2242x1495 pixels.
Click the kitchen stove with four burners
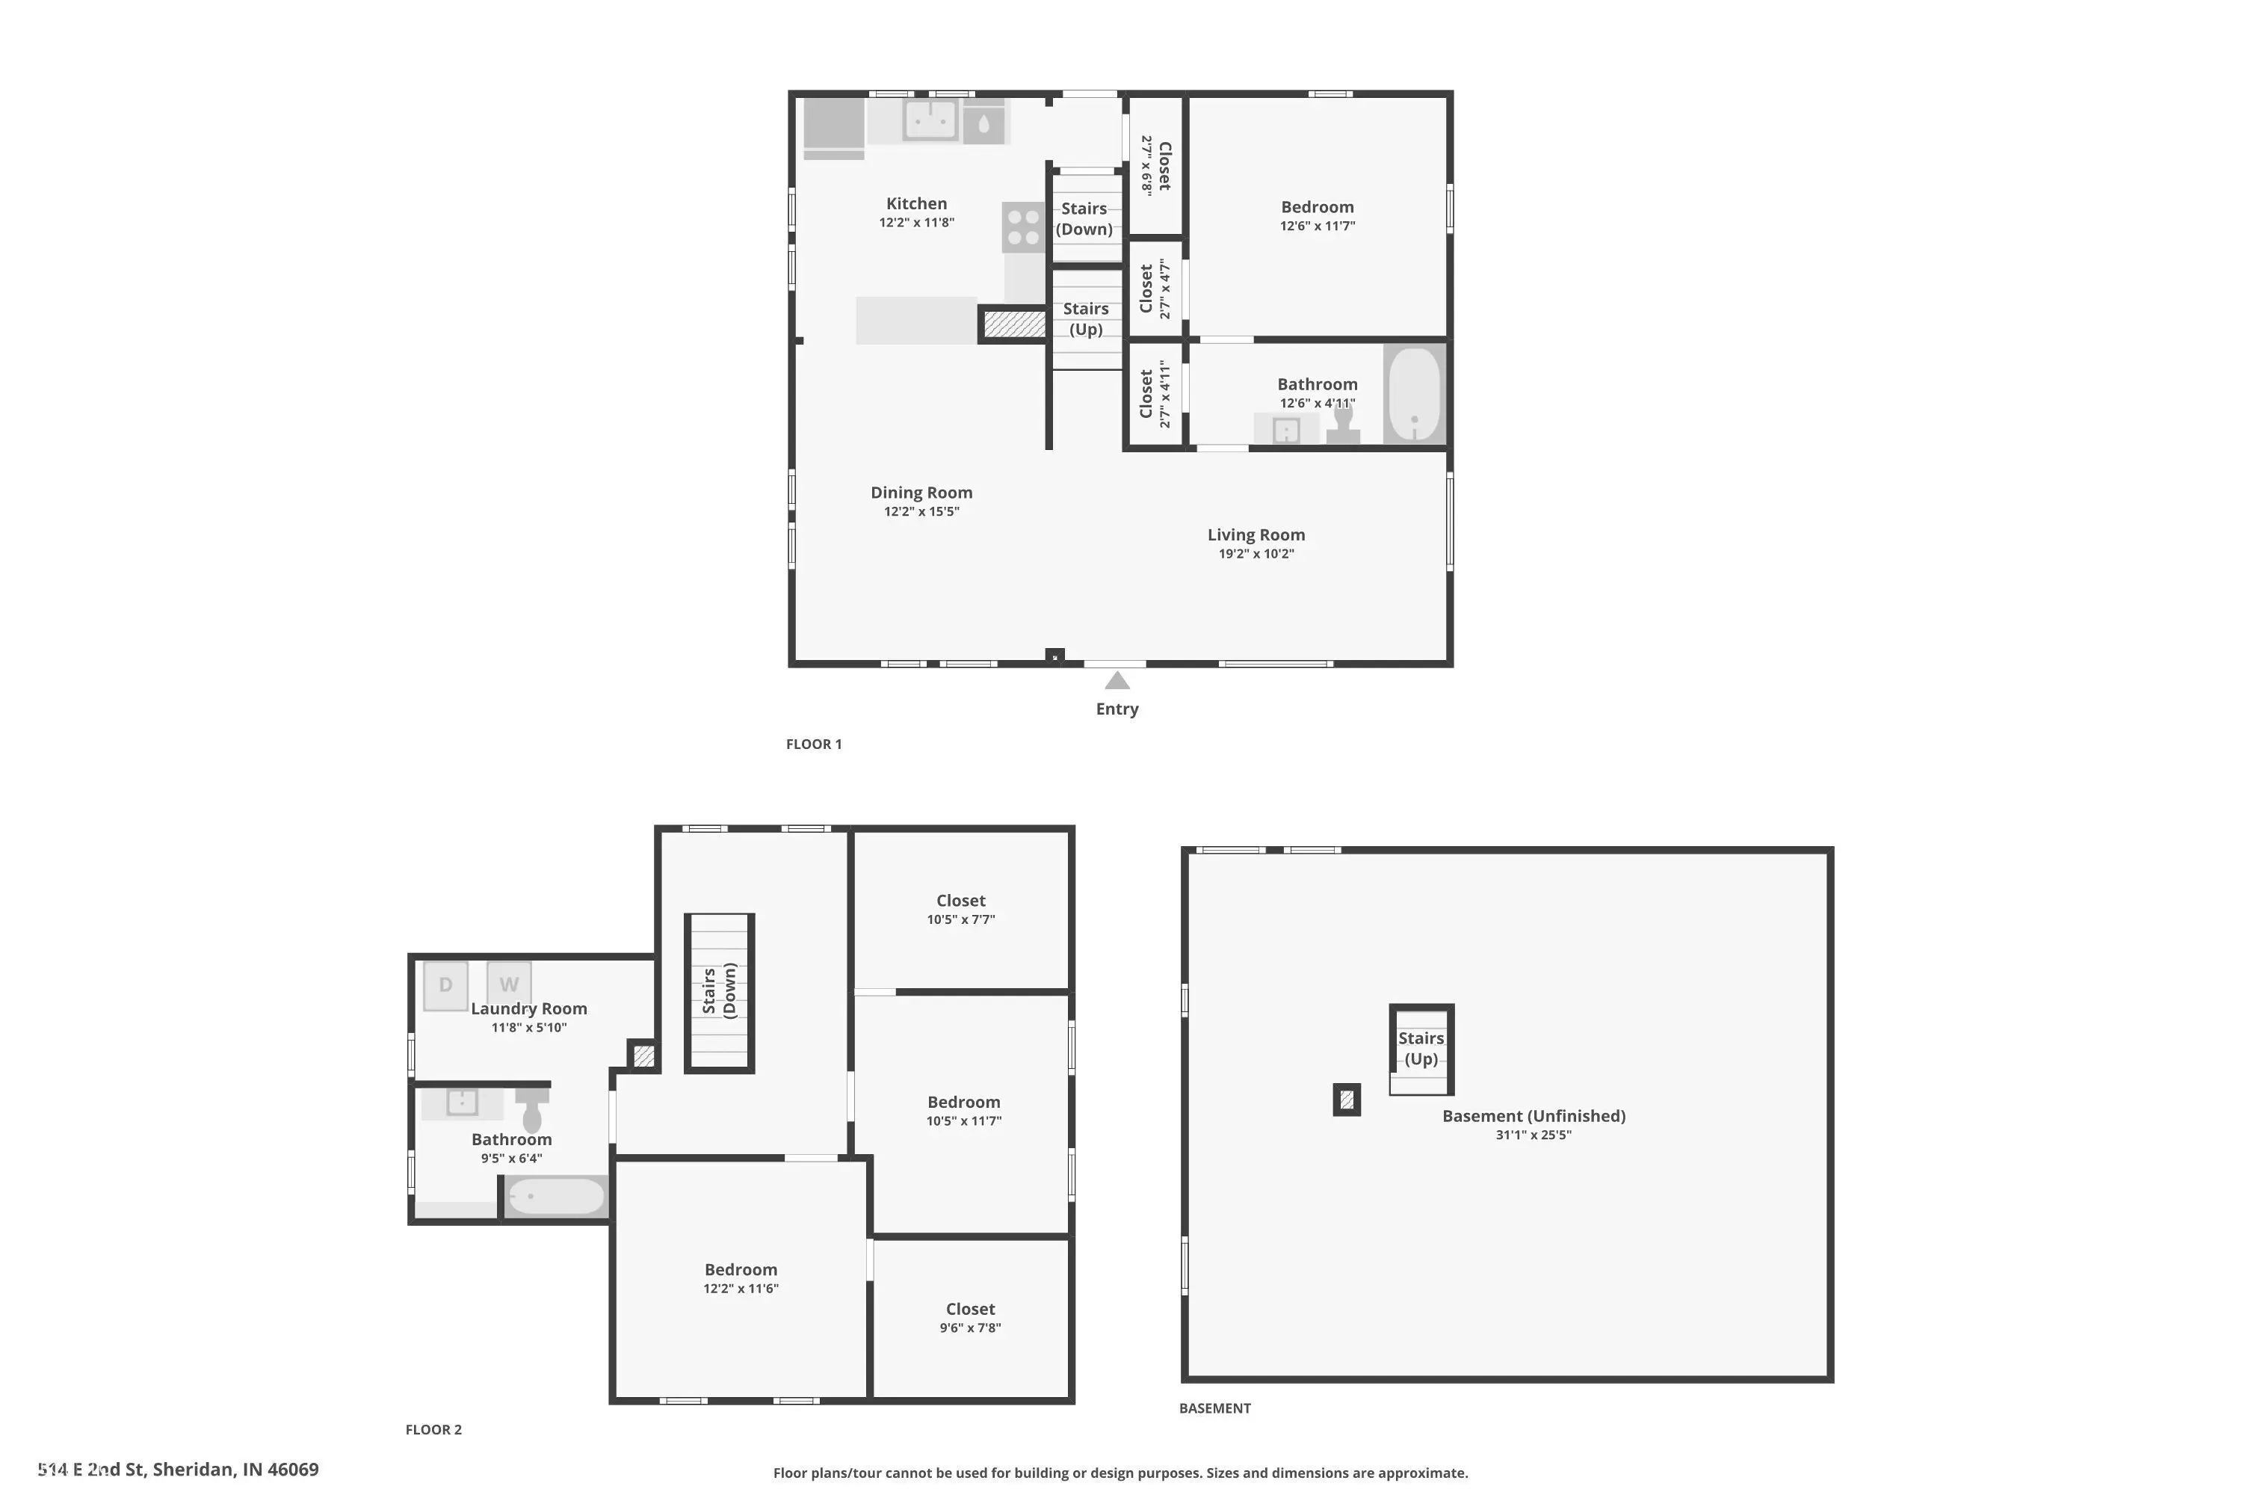pos(1023,227)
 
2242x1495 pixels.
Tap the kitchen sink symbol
pos(930,121)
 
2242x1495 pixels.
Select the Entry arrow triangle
pos(1117,681)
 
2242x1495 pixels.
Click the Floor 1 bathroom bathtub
pos(1415,394)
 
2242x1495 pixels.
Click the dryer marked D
pos(445,986)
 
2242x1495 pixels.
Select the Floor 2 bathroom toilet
pos(532,1110)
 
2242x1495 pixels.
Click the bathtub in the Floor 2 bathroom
pos(556,1197)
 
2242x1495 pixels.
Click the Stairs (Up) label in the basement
pos(1421,1048)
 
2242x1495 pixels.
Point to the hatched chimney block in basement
pos(1346,1100)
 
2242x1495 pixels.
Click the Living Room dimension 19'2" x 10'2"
pos(1256,554)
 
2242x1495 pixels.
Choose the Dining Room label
pos(921,493)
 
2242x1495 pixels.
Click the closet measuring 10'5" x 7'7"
pos(961,910)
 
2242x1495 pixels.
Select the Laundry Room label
pos(529,1008)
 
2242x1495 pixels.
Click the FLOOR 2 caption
pos(433,1429)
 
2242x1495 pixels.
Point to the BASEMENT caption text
pos(1214,1408)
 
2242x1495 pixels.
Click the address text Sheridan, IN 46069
pos(235,1470)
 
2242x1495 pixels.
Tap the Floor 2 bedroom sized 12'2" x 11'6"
pos(741,1278)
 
